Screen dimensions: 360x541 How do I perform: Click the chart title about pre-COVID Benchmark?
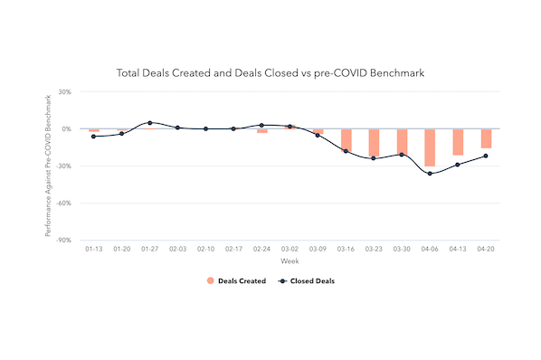[270, 72]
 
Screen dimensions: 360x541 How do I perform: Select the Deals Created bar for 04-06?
[430, 147]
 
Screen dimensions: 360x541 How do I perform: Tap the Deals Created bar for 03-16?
[346, 139]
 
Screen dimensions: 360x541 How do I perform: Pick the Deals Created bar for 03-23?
[374, 142]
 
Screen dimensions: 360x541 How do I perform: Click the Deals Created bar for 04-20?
[486, 138]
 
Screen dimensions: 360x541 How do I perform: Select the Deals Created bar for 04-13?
[458, 142]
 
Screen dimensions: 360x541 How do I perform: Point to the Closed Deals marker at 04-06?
[430, 174]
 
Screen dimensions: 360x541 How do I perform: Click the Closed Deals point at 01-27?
[149, 123]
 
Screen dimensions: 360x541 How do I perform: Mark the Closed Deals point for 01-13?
[93, 137]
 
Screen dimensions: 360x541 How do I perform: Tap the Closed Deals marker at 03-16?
[346, 151]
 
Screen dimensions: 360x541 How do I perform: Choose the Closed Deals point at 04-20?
[486, 156]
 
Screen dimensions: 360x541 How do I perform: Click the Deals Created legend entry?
[236, 281]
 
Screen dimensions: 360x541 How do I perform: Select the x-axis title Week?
[289, 261]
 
